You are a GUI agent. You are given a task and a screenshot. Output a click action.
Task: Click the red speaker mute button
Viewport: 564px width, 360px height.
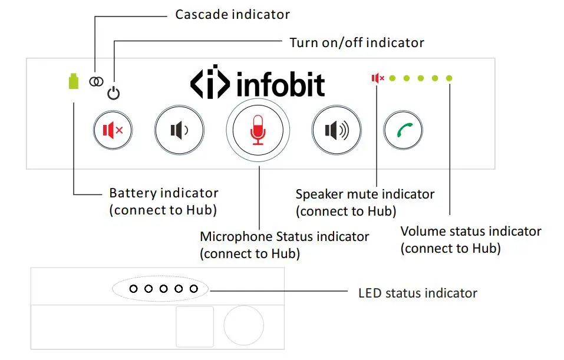click(x=113, y=130)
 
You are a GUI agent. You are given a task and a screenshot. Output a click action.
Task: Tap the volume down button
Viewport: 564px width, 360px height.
click(x=179, y=130)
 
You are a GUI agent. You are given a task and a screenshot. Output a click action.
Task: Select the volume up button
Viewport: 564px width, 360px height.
click(x=334, y=130)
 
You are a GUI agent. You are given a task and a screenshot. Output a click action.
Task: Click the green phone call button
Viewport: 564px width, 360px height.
click(x=404, y=130)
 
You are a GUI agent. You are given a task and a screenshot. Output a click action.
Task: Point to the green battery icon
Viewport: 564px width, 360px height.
click(x=73, y=81)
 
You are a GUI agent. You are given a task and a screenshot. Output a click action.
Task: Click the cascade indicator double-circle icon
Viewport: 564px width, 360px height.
click(x=95, y=81)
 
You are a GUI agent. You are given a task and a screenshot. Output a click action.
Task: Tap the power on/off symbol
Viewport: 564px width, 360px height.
click(x=114, y=93)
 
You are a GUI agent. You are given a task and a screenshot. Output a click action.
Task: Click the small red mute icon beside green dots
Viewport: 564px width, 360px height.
click(x=377, y=78)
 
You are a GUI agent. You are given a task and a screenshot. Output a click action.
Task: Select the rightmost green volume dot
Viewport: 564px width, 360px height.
click(x=449, y=78)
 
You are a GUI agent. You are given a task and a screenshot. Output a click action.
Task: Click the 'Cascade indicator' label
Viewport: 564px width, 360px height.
click(x=232, y=14)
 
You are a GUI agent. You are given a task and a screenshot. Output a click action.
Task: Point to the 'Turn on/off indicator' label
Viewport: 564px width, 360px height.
click(x=357, y=43)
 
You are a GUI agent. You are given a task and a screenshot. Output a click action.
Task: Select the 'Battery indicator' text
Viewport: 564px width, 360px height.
click(x=164, y=193)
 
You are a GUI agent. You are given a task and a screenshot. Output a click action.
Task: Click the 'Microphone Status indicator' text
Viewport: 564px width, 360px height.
click(x=285, y=237)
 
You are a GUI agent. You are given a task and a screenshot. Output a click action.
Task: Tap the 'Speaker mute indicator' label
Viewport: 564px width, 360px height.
click(x=365, y=194)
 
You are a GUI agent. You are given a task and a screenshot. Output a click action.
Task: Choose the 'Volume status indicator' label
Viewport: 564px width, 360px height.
click(x=470, y=231)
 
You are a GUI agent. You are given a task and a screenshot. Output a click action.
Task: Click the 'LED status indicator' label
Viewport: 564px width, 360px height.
click(x=418, y=293)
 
